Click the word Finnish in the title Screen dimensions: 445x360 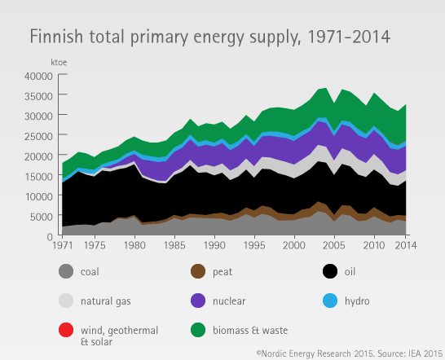[56, 37]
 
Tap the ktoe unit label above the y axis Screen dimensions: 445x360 [59, 62]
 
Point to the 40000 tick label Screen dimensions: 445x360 [38, 76]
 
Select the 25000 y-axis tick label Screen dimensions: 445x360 [38, 136]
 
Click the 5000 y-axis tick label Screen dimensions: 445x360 [42, 217]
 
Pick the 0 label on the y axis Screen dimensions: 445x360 [50, 236]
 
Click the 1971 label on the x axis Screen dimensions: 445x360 [63, 245]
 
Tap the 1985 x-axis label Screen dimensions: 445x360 [174, 245]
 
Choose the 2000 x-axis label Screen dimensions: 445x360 [294, 245]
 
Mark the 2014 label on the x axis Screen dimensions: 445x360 [406, 245]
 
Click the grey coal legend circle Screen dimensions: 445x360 [66, 271]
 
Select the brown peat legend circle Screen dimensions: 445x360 [198, 271]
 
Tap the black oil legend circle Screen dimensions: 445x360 [330, 271]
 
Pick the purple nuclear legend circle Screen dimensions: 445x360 [198, 301]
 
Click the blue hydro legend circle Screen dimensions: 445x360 [330, 301]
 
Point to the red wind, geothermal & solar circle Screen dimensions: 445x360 [66, 330]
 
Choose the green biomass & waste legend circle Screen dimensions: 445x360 [198, 330]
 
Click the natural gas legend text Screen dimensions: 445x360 [106, 301]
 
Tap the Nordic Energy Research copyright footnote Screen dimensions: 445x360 [350, 353]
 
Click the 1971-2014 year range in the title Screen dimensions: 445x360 [349, 37]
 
